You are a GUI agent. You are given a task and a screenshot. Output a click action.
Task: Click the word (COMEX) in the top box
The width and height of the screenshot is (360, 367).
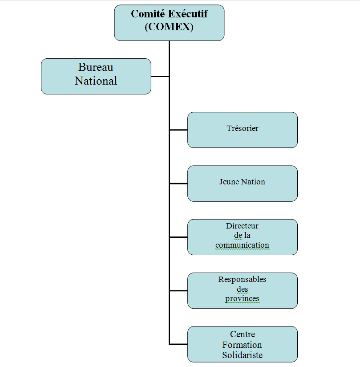coord(169,27)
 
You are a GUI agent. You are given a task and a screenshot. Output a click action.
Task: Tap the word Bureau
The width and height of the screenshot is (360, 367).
coord(96,67)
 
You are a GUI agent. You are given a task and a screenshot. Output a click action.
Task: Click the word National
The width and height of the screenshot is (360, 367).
coord(96,81)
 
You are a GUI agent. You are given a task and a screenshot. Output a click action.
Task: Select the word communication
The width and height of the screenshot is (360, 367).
coord(242,245)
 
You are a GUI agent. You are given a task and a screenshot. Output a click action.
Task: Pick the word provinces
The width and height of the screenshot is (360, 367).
coord(242,298)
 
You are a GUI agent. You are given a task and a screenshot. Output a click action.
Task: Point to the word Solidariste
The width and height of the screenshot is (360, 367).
coord(243,355)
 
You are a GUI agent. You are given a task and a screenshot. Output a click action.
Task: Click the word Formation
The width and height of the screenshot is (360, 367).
coord(243,345)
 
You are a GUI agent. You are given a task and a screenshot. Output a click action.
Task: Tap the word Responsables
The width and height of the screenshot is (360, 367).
coord(242,279)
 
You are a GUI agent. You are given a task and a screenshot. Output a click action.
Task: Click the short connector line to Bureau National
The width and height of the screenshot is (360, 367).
coord(160,77)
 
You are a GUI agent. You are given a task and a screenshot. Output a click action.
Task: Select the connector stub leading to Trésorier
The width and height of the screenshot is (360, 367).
coord(178,130)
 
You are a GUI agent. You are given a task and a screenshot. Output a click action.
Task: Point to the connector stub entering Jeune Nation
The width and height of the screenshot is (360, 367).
coord(178,183)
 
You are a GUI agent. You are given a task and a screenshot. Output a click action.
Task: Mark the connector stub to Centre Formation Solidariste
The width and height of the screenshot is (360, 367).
coord(178,344)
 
